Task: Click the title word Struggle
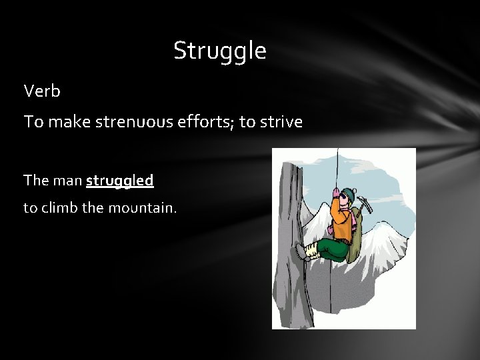(x=219, y=51)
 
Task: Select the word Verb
(x=41, y=91)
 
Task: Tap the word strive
(x=281, y=122)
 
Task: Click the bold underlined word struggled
(x=120, y=180)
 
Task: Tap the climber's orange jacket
(x=342, y=223)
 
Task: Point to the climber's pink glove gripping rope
(x=335, y=193)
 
